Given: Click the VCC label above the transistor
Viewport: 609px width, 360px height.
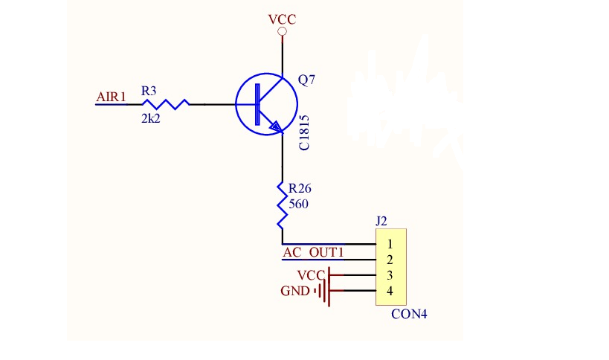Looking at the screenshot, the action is [283, 19].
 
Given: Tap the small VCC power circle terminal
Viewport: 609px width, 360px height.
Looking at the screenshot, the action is [283, 31].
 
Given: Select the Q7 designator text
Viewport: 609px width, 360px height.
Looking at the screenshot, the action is [306, 80].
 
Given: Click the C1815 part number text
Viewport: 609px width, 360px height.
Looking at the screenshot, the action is [304, 132].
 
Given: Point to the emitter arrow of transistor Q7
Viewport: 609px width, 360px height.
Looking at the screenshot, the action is [274, 126].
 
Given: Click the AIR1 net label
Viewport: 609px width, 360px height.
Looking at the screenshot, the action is [111, 97].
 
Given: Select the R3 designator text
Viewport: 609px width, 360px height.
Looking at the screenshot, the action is [149, 91].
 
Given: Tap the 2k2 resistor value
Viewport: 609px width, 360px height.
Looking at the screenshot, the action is [151, 118].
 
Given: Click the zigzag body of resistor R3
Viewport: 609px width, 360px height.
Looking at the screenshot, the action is [166, 104].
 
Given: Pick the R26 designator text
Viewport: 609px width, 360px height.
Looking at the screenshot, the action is [300, 188].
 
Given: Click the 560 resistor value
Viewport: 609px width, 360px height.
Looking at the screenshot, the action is [298, 204].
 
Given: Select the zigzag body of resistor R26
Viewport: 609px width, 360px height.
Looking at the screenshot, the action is [283, 205].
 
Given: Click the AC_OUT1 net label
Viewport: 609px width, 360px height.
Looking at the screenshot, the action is [313, 252].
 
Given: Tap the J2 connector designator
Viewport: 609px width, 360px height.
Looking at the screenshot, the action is [381, 221].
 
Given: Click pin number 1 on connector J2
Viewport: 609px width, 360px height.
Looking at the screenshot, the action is [390, 244].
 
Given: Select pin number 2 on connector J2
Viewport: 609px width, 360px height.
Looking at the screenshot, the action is [390, 260].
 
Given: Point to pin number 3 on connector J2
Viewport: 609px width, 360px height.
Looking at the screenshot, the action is [390, 275].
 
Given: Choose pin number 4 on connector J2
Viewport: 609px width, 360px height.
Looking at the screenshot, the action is [390, 291].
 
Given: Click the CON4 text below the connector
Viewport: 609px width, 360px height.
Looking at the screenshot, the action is [409, 314].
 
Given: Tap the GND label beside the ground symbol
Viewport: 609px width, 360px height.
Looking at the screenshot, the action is [295, 291].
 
